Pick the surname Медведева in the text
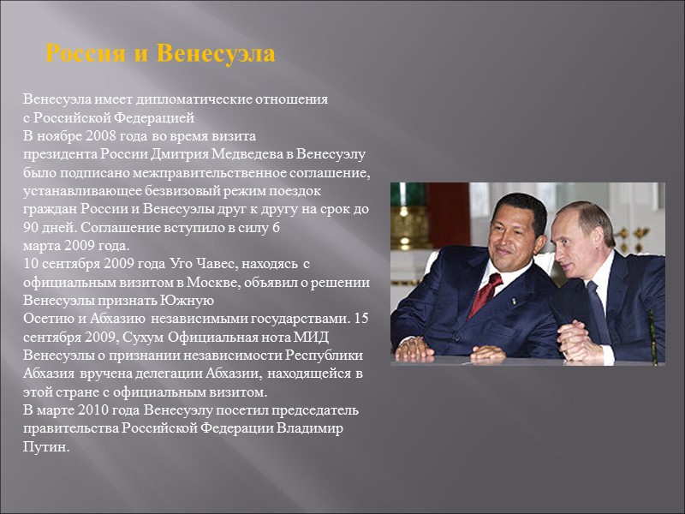pyautogui.click(x=249, y=154)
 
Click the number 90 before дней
pyautogui.click(x=31, y=228)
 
